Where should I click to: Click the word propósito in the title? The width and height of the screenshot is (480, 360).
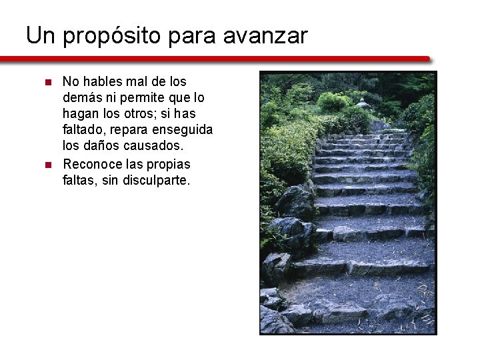coord(112,35)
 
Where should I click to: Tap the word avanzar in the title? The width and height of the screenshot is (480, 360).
coord(265,35)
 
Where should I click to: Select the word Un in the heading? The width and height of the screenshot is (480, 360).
coord(40,35)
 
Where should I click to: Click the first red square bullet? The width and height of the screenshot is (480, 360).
coord(47,82)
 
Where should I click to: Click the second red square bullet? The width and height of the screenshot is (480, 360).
coord(47,164)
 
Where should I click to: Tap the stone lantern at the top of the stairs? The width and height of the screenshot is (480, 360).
coord(363,103)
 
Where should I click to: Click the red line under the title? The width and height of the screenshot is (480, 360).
coord(220,59)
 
